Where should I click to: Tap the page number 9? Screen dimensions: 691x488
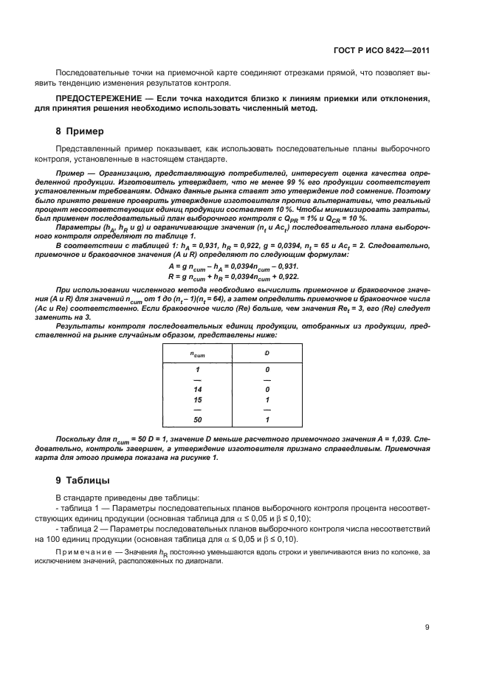click(427, 628)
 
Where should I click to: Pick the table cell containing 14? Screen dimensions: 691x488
click(197, 388)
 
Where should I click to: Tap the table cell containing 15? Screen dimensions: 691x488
click(197, 399)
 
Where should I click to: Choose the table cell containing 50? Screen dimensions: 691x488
click(197, 419)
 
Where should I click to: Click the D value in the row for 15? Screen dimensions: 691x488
click(267, 399)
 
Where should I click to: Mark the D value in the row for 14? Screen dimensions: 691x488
click(267, 388)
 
